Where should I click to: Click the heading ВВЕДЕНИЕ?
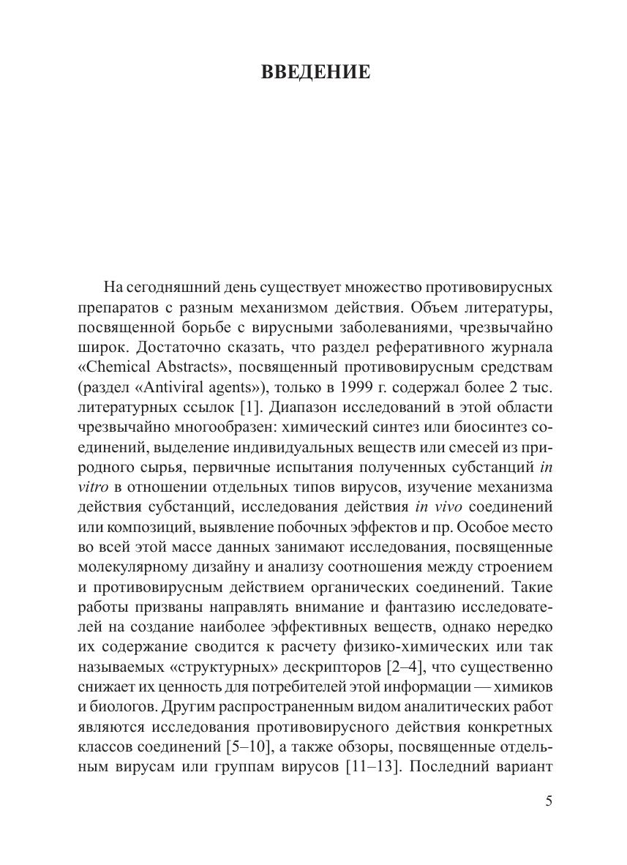coord(315,72)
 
